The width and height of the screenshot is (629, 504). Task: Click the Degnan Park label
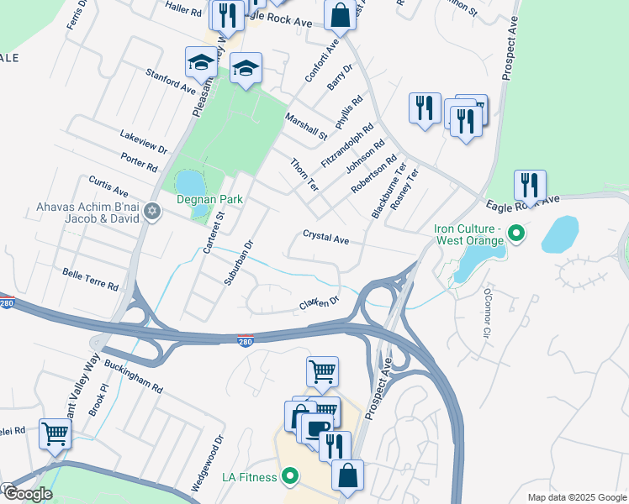point(209,199)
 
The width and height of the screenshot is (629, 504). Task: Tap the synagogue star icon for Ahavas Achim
point(151,209)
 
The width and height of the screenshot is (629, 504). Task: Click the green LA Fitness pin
point(291,477)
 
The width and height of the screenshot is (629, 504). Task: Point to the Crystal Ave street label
point(326,239)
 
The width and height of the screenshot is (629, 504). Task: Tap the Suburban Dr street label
point(238,264)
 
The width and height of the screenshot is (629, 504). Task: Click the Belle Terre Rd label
point(91,280)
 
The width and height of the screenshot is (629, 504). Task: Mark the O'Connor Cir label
point(485,314)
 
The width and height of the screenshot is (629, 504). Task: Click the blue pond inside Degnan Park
point(189,182)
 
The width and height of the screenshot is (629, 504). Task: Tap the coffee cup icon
point(316,428)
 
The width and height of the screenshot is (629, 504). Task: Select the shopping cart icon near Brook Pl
point(55,434)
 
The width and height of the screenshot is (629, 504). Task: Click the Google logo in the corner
point(27,494)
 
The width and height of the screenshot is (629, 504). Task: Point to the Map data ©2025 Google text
point(576,497)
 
